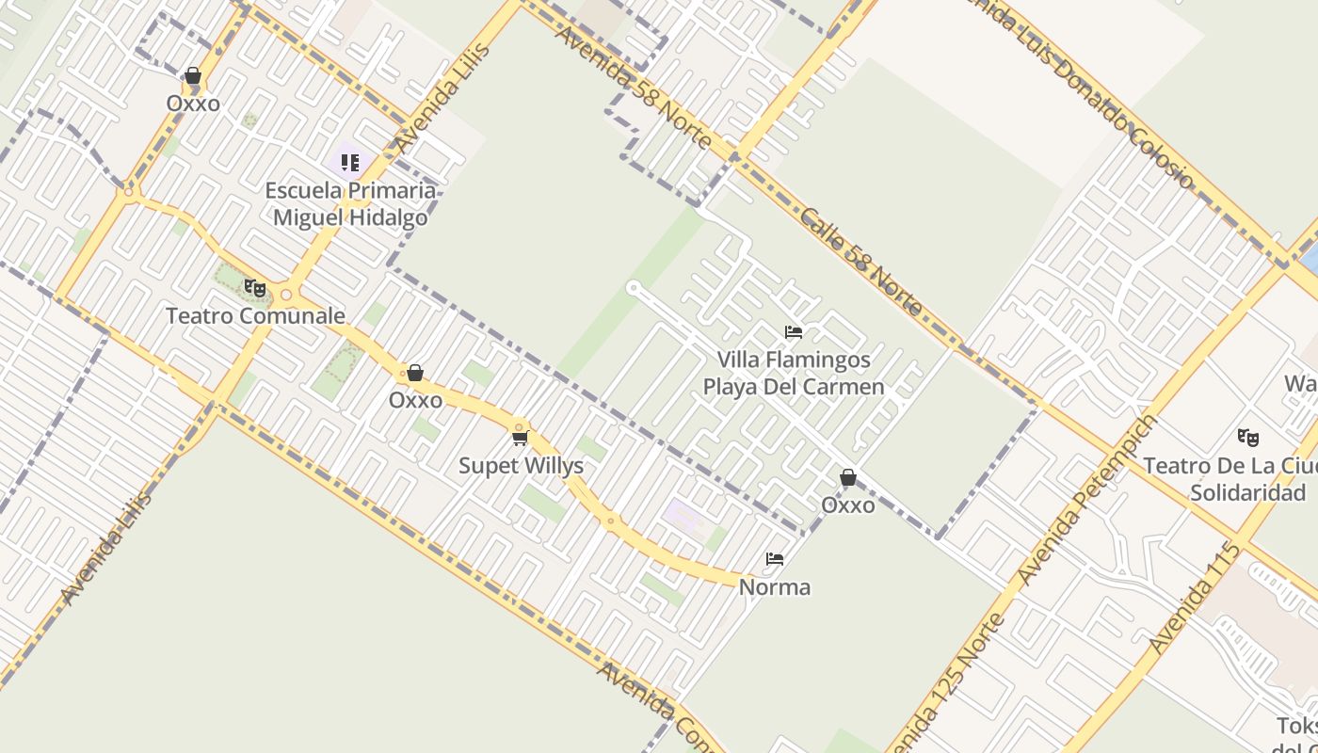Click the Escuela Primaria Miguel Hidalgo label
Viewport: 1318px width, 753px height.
click(x=350, y=203)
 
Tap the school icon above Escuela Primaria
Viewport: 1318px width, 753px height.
click(x=349, y=162)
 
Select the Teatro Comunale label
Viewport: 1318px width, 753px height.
click(x=255, y=315)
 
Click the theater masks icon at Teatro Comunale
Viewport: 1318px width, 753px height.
click(x=254, y=288)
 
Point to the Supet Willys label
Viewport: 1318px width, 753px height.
click(x=521, y=465)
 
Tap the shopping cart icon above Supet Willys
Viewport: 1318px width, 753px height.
click(x=521, y=438)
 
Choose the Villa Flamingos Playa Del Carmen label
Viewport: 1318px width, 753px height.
click(x=794, y=373)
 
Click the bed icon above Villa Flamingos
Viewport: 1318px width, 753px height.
click(x=794, y=332)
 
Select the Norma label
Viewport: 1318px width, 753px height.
click(x=774, y=587)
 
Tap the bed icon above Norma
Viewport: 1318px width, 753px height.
click(x=775, y=559)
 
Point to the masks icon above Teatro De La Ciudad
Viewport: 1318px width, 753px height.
click(x=1248, y=438)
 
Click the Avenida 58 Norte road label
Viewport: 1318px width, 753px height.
click(x=633, y=87)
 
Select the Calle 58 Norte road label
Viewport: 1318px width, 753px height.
click(x=861, y=262)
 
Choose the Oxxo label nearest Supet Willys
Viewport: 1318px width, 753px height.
click(x=415, y=400)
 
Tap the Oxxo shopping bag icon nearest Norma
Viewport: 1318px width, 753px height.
click(x=848, y=478)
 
